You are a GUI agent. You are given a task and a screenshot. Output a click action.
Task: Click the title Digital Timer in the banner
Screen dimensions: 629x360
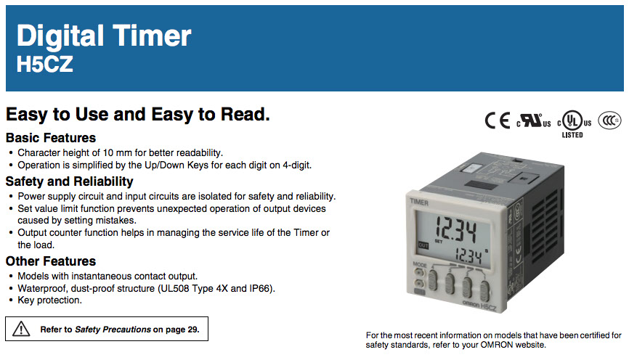click(x=104, y=36)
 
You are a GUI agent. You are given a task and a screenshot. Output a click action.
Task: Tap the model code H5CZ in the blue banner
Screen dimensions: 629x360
click(x=44, y=64)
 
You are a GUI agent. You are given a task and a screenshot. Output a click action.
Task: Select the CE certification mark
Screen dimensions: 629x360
click(x=497, y=120)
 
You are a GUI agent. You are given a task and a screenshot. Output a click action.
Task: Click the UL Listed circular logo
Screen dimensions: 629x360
click(x=574, y=120)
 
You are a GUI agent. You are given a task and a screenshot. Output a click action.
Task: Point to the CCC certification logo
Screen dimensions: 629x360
click(x=609, y=120)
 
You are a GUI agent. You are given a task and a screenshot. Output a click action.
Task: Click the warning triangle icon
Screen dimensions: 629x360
click(x=21, y=329)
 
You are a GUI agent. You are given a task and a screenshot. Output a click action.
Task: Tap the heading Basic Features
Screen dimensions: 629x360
click(x=51, y=138)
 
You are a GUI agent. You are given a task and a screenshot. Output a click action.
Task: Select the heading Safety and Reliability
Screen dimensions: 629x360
click(x=70, y=181)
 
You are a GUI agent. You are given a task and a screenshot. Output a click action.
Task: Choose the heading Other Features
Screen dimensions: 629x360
click(x=51, y=261)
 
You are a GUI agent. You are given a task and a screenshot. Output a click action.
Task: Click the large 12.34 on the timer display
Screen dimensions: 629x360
click(x=456, y=229)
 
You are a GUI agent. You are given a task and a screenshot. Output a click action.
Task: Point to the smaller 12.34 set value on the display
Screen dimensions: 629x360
click(x=468, y=255)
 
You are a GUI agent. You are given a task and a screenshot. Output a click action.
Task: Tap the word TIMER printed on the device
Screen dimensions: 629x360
click(x=419, y=202)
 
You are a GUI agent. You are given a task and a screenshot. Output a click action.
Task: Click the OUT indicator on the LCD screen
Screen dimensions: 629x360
click(x=423, y=245)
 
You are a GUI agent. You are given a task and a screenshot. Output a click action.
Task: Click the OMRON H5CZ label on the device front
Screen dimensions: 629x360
click(x=479, y=305)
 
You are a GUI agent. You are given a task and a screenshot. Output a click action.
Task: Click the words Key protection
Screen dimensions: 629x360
click(x=49, y=300)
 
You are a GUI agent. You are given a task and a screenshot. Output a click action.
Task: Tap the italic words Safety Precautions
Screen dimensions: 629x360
click(x=113, y=330)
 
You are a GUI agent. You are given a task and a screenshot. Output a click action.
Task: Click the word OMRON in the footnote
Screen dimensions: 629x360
click(x=497, y=345)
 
